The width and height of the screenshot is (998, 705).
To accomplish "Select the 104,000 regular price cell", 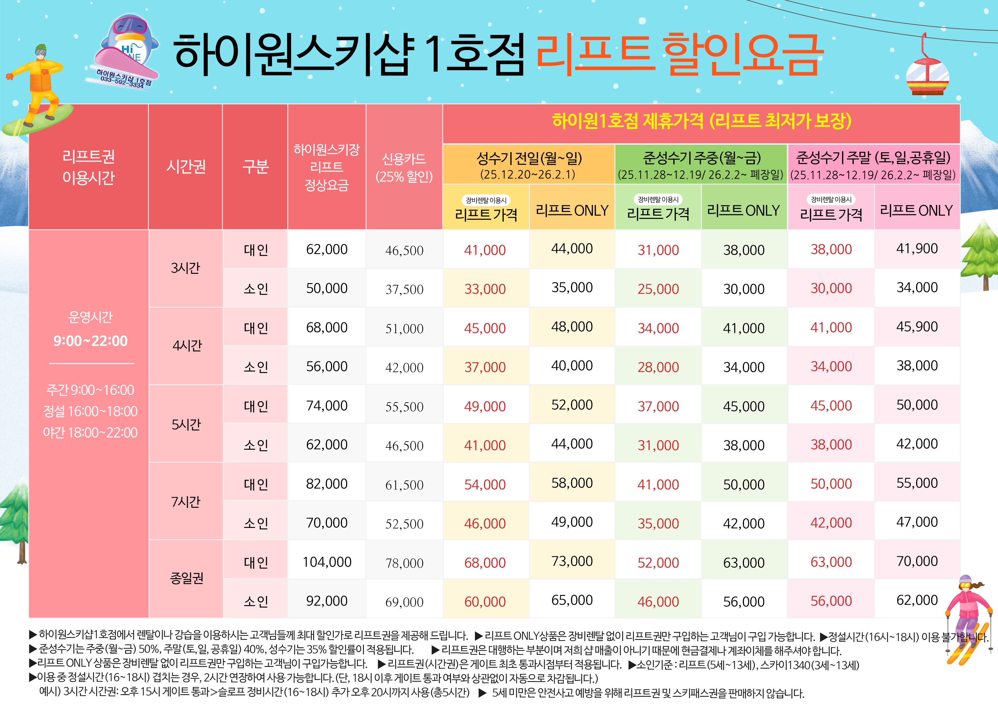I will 327,562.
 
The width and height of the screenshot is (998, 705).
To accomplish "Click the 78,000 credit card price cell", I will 404,563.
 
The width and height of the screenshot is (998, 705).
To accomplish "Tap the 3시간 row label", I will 185,268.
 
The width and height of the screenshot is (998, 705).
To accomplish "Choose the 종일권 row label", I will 186,578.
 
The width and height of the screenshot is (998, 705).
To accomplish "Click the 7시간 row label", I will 185,502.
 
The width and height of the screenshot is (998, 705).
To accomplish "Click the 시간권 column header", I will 185,166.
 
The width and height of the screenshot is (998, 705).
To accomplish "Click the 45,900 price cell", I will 917,327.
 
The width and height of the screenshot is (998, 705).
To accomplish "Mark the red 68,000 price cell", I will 485,563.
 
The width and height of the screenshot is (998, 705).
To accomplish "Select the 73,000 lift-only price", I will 572,561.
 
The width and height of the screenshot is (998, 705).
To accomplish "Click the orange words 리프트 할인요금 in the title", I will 678,54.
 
